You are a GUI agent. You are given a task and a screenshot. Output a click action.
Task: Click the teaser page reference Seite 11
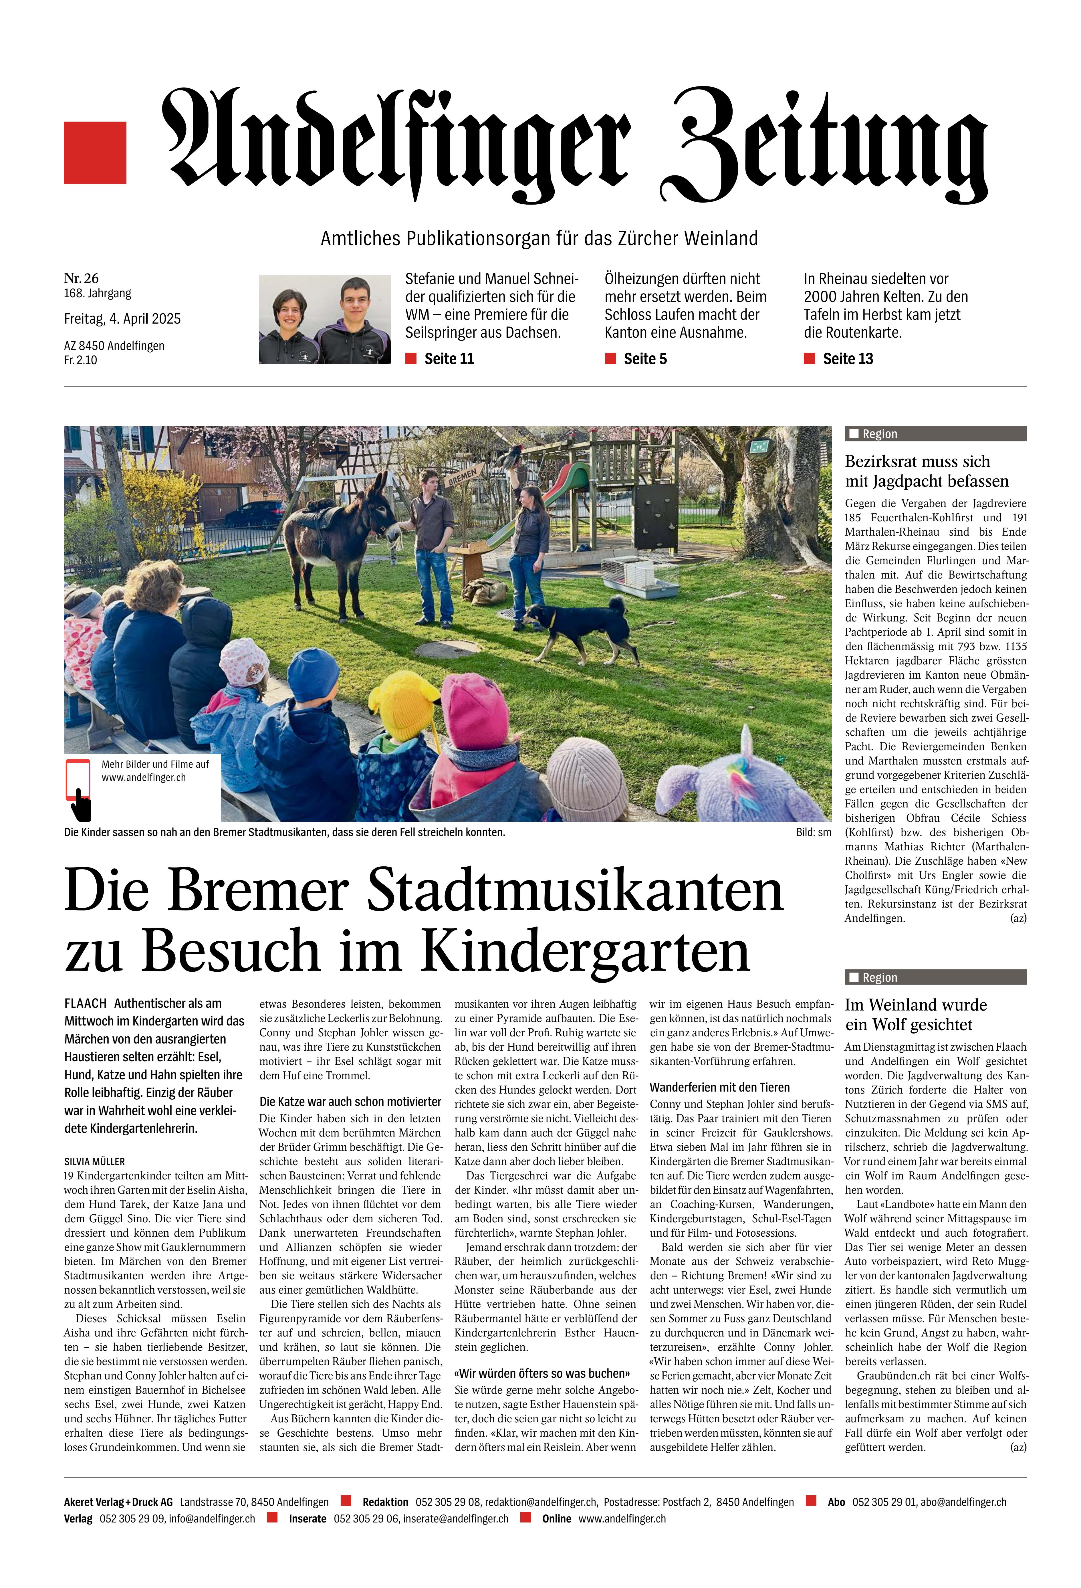point(448,359)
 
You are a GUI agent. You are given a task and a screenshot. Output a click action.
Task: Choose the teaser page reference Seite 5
point(644,359)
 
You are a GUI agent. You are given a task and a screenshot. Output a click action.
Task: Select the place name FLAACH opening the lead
point(86,1003)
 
